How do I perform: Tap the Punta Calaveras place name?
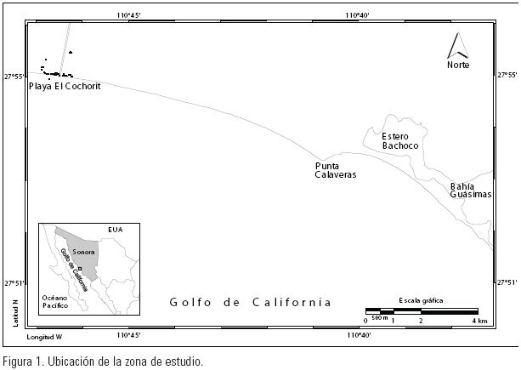click(335, 170)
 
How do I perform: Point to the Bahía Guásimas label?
click(471, 190)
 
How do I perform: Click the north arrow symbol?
click(459, 45)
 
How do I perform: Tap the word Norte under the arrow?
click(459, 65)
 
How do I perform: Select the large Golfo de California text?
click(250, 302)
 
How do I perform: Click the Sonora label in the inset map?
click(82, 252)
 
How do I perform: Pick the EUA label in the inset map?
click(115, 230)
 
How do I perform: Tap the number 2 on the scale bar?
click(421, 321)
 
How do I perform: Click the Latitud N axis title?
click(16, 312)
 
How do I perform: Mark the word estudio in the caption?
click(184, 361)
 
